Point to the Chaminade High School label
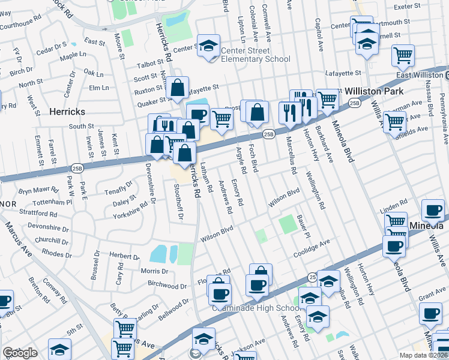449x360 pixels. (x=256, y=308)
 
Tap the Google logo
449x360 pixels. (x=20, y=353)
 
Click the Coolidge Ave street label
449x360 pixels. (x=312, y=247)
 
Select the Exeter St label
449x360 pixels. (x=408, y=5)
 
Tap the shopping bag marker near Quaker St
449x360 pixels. (x=178, y=88)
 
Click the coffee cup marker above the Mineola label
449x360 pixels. (x=432, y=211)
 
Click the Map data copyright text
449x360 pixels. (x=424, y=355)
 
